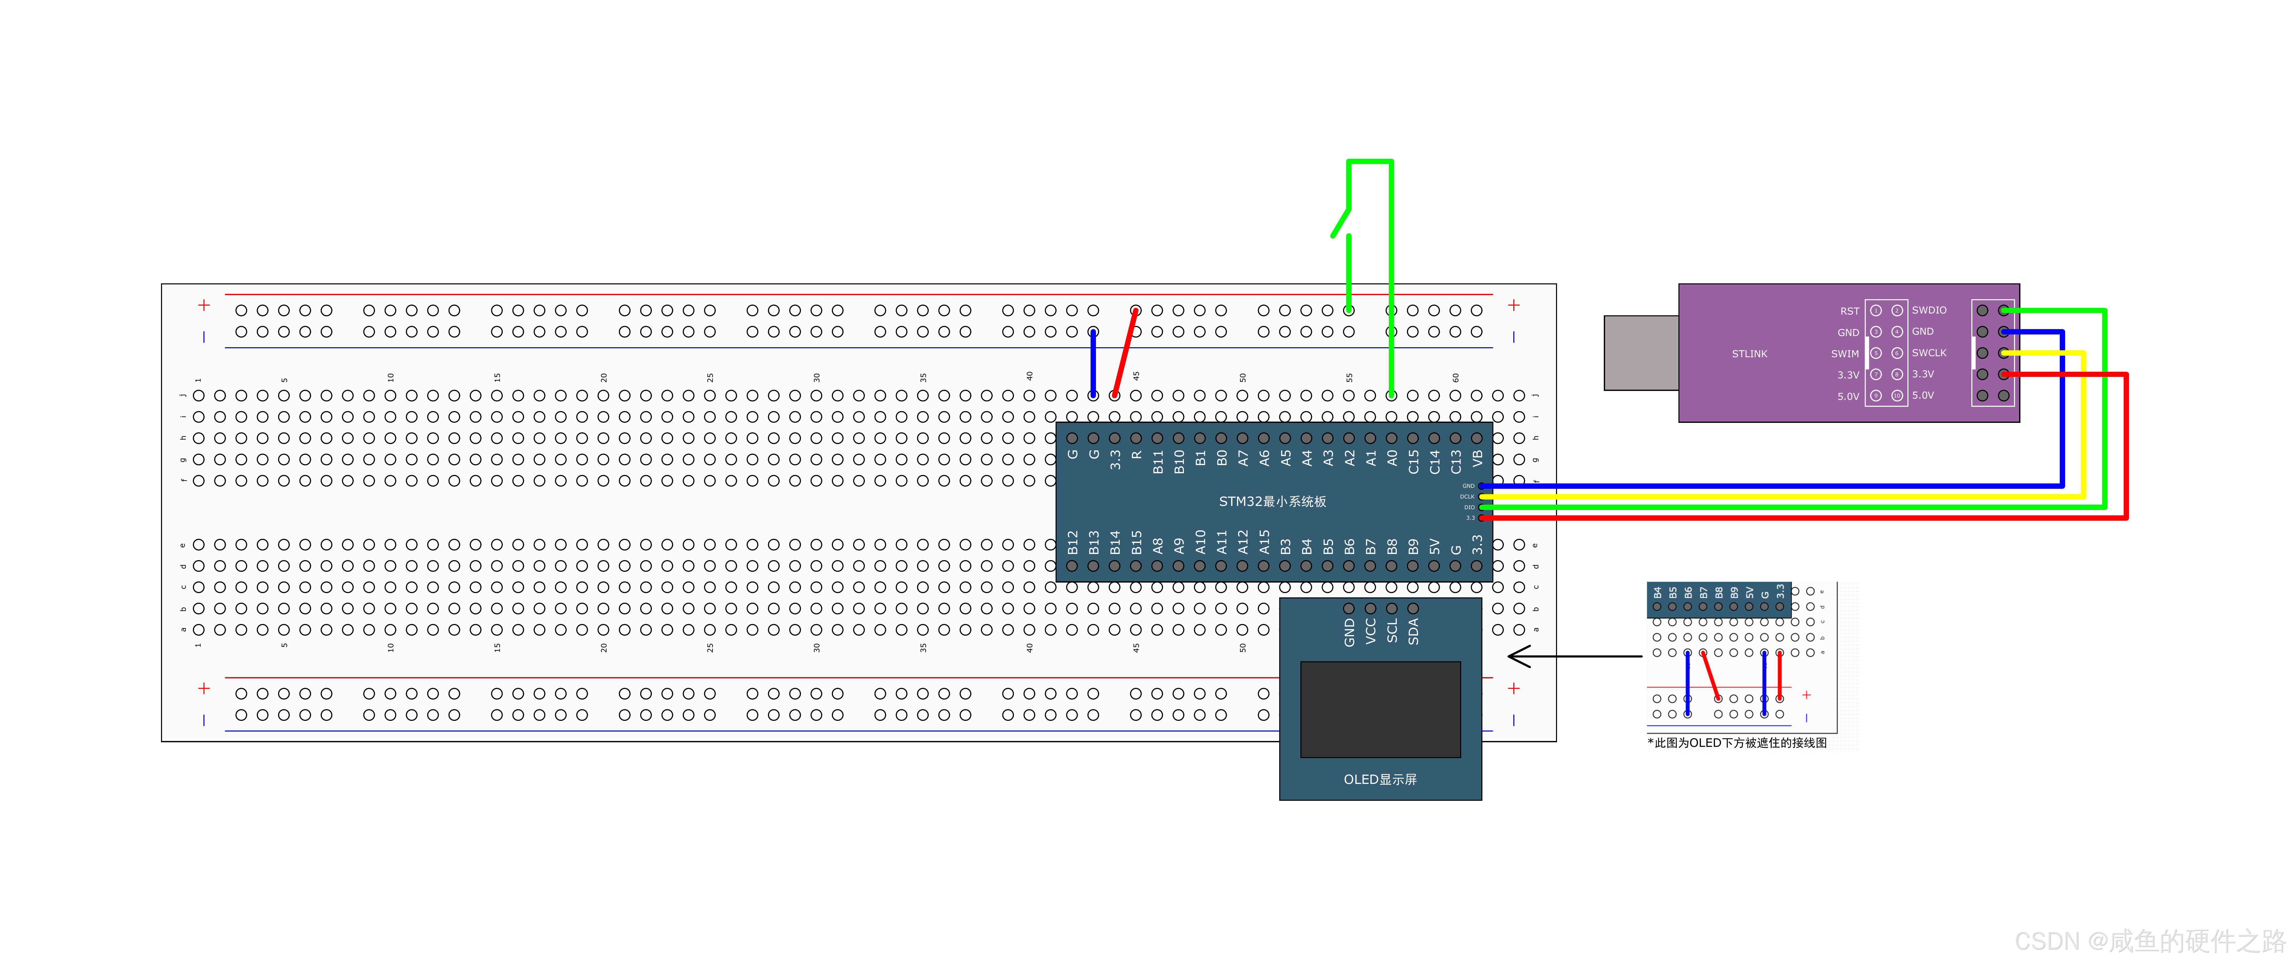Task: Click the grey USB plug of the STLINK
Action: coord(1641,353)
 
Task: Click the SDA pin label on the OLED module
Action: coord(1413,631)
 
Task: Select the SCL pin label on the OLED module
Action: coord(1392,631)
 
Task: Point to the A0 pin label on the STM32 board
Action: coord(1392,458)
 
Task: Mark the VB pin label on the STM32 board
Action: coord(1477,458)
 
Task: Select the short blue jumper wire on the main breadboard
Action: coord(1093,364)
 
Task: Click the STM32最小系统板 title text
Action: coord(1272,502)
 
